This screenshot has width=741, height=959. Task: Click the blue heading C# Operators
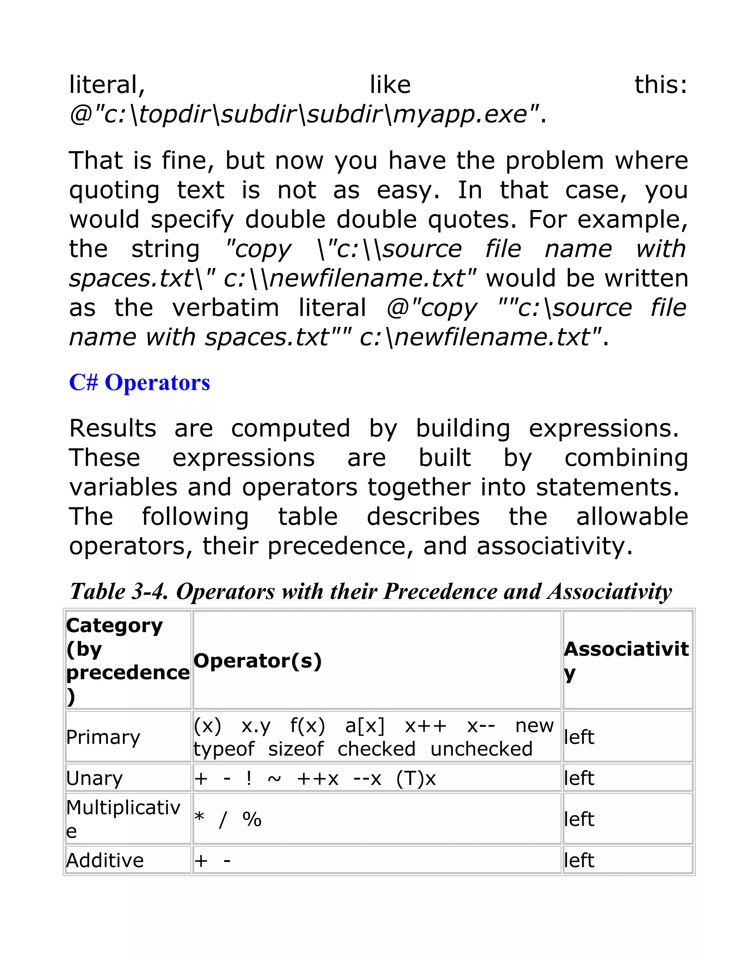140,383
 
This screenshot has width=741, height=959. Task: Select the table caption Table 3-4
370,591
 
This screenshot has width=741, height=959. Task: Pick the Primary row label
103,737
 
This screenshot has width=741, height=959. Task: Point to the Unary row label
94,778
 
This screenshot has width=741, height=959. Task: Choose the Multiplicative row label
123,819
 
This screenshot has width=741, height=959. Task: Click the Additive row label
105,860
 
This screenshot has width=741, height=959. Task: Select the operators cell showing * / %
228,819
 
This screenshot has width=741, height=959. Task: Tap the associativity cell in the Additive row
579,860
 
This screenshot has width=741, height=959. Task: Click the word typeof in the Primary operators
224,749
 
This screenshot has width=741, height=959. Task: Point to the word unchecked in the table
481,749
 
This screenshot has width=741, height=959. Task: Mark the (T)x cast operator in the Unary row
416,778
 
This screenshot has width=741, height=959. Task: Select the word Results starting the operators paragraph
113,428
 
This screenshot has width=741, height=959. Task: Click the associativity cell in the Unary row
579,778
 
